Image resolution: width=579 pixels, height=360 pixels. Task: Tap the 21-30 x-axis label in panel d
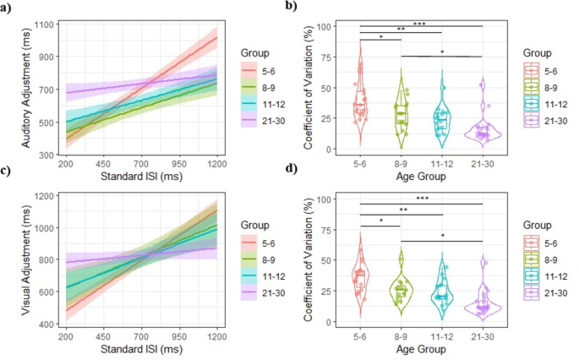coord(483,341)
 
